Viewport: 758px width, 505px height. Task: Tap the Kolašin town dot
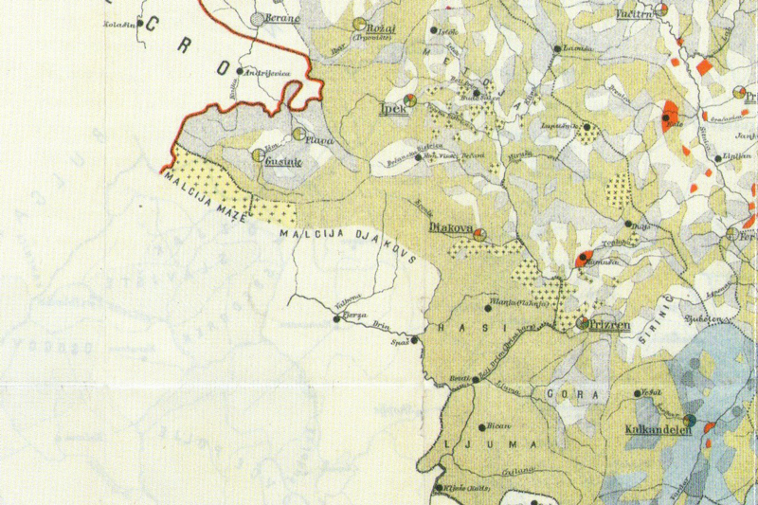click(x=139, y=23)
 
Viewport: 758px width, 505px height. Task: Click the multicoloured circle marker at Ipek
click(x=409, y=99)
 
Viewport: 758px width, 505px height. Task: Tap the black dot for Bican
click(x=483, y=428)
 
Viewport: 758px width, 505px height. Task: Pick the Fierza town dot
click(x=337, y=319)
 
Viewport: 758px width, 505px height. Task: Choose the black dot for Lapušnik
click(x=587, y=126)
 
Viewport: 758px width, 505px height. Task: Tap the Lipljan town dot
click(x=718, y=158)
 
